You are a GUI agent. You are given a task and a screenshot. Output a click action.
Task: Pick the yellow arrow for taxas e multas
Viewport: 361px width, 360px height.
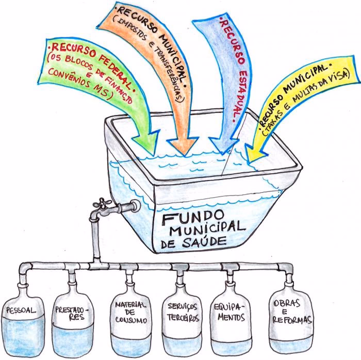coord(294,98)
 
